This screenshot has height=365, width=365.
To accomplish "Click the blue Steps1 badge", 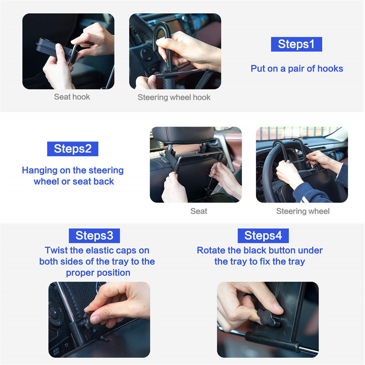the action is coord(296,44).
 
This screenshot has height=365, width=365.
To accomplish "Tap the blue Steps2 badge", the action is coord(73,149).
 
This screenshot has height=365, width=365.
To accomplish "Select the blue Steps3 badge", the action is coord(94,235).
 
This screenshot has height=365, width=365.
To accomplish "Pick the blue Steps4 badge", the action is coord(263,235).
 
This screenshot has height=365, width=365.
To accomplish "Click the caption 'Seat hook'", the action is coord(72,97).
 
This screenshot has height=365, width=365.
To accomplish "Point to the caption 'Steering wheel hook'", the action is coord(174,97).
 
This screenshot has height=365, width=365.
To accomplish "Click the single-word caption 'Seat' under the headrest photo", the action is coord(198,211).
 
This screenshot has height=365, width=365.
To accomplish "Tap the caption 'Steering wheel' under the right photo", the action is coord(303,211).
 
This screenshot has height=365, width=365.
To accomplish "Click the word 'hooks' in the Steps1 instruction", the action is coord(330,69).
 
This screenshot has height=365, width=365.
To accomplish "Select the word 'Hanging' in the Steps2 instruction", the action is coord(40,171).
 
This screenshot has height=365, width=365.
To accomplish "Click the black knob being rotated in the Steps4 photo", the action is coord(267,318).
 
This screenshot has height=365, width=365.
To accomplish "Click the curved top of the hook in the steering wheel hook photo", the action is coord(162,27).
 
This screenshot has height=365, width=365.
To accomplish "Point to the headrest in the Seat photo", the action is coord(183,135).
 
